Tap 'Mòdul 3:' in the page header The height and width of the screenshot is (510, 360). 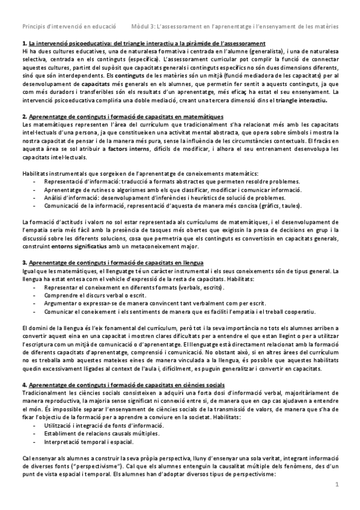(145, 26)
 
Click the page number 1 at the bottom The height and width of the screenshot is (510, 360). (337, 501)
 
